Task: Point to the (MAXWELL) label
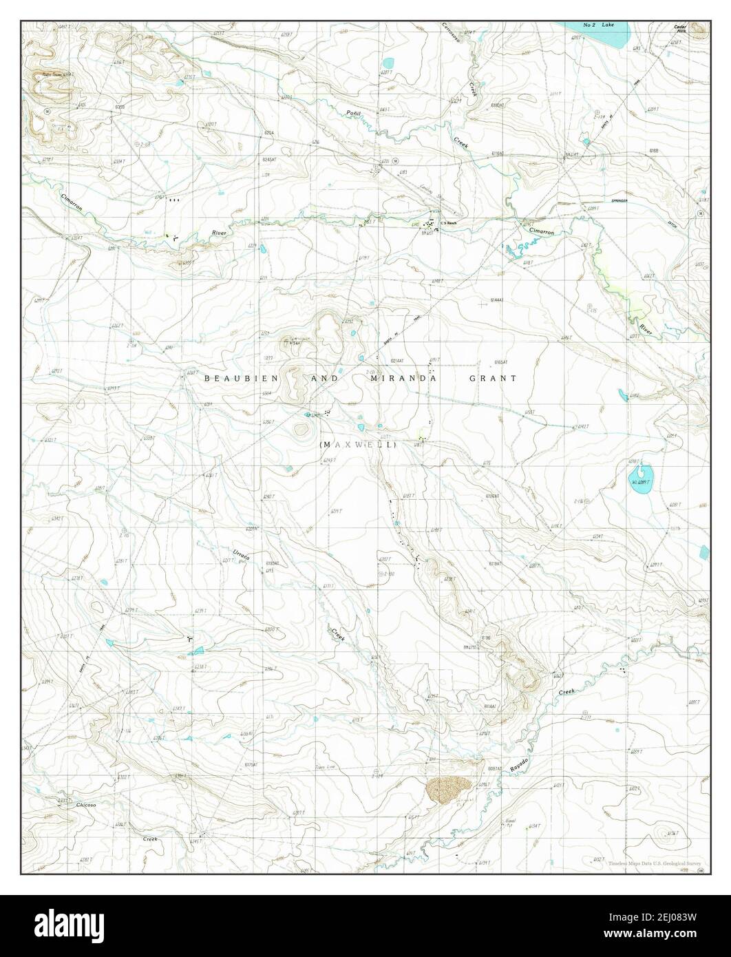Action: click(x=358, y=445)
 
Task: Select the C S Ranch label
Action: click(x=449, y=223)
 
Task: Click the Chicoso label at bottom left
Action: click(x=65, y=804)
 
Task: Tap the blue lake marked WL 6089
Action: click(x=639, y=475)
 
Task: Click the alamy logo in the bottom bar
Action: click(x=92, y=926)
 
